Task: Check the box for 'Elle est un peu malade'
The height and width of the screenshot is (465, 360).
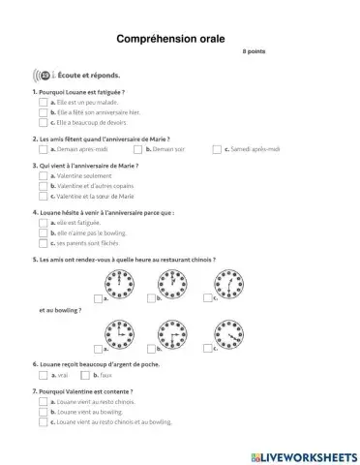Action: (44, 102)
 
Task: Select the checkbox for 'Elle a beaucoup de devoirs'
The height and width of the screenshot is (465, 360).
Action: (44, 123)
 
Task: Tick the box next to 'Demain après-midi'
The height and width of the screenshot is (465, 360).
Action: (44, 149)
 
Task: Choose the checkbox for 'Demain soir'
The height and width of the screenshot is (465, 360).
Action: (137, 149)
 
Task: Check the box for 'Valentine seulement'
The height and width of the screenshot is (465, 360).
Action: (44, 175)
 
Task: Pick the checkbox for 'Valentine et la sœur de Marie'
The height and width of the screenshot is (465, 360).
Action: (44, 197)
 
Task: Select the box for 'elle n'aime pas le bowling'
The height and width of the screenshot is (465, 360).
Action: (44, 232)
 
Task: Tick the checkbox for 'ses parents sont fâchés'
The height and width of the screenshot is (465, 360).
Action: (44, 243)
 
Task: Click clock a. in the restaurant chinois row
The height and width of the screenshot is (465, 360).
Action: (120, 284)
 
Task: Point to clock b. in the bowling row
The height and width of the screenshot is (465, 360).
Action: (175, 334)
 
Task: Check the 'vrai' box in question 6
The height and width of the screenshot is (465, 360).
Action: (44, 374)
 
